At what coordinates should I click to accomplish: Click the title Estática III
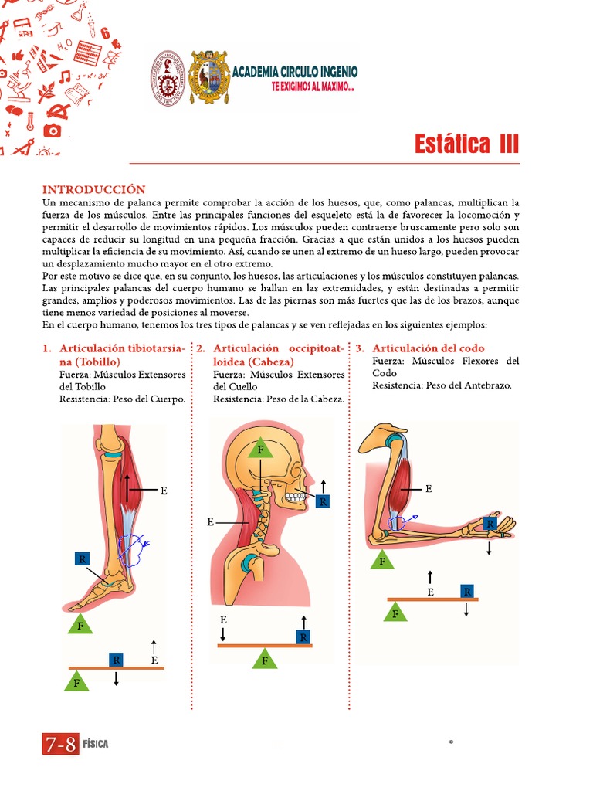click(x=466, y=144)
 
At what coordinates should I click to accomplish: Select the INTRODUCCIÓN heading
click(x=93, y=189)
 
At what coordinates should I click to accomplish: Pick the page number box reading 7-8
click(x=60, y=744)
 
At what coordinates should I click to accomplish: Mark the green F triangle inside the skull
click(x=260, y=448)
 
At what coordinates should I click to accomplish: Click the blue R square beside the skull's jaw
click(x=322, y=502)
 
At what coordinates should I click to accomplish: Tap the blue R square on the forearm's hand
click(x=489, y=524)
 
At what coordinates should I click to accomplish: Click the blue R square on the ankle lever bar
click(x=116, y=660)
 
